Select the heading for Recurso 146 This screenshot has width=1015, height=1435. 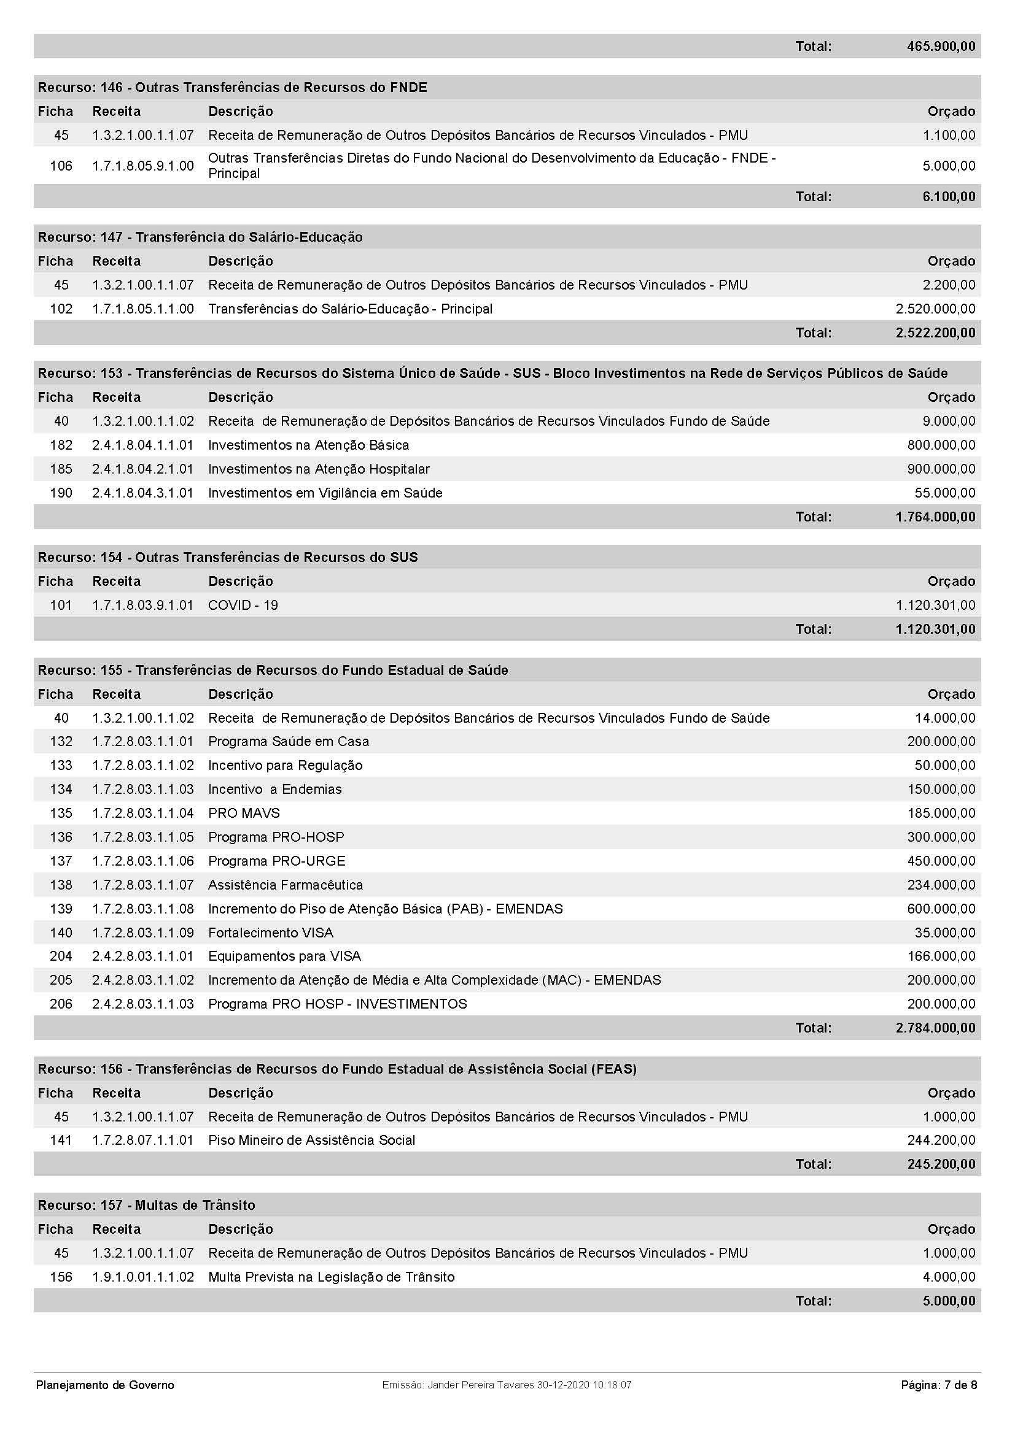pyautogui.click(x=232, y=88)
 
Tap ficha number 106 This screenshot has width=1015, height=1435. pyautogui.click(x=61, y=166)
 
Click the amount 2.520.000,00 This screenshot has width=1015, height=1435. pyautogui.click(x=935, y=309)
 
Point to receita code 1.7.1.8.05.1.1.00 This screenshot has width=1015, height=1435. pyautogui.click(x=142, y=309)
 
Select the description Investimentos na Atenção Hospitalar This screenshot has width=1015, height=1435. pyautogui.click(x=318, y=469)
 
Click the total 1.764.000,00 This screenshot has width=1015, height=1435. pyautogui.click(x=935, y=517)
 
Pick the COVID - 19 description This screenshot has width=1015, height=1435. pyautogui.click(x=243, y=605)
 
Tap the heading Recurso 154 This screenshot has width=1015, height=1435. pyautogui.click(x=228, y=557)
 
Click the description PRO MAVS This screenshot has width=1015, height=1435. pyautogui.click(x=244, y=813)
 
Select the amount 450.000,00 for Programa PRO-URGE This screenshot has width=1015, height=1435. pyautogui.click(x=941, y=861)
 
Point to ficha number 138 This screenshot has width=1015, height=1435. pyautogui.click(x=61, y=885)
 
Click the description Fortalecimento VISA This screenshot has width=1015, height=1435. pyautogui.click(x=270, y=933)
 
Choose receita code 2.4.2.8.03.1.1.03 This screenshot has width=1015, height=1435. pyautogui.click(x=142, y=1004)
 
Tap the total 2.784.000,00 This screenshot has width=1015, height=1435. pyautogui.click(x=935, y=1028)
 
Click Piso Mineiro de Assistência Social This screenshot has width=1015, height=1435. pyautogui.click(x=311, y=1140)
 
